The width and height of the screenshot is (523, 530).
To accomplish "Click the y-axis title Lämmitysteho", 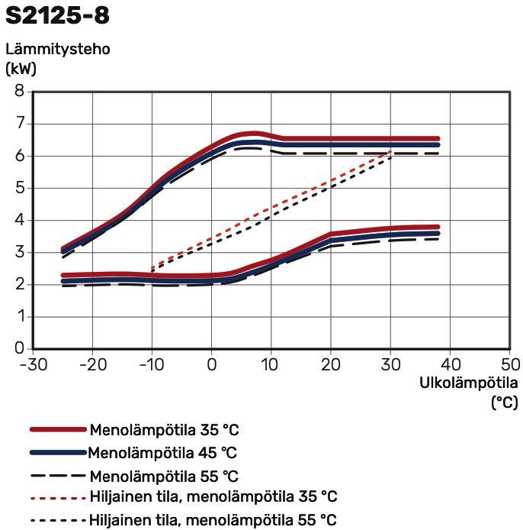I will (59, 50).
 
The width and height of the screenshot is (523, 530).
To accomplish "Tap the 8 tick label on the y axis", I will (19, 92).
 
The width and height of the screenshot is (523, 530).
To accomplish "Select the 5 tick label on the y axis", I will (19, 188).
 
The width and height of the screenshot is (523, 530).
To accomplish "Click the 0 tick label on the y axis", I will (19, 349).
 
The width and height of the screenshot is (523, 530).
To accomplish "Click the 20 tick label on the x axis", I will (331, 363).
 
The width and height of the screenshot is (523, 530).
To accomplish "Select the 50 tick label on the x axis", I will (509, 363).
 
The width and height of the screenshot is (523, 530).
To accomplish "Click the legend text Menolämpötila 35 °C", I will (165, 430).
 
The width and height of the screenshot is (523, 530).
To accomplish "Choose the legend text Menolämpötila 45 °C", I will (163, 453).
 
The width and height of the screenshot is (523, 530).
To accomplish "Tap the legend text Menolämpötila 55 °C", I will (165, 476).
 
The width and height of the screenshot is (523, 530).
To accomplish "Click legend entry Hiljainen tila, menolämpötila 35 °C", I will (213, 497).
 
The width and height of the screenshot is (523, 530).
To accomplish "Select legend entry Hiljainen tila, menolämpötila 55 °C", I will (213, 521).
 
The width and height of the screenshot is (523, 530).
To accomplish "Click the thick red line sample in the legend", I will (58, 430).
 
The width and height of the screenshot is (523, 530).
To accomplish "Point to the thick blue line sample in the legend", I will (58, 453).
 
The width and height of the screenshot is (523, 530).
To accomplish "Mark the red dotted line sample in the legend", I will (58, 498).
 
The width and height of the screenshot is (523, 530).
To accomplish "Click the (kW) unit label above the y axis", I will (21, 68).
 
